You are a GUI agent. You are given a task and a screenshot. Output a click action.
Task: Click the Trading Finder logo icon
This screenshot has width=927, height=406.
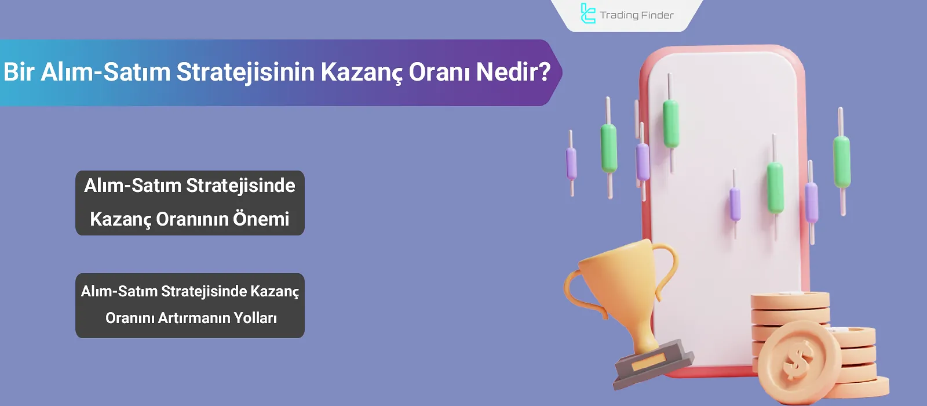coord(587,14)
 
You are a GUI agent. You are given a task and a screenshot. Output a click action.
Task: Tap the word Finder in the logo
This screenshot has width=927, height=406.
coord(658,15)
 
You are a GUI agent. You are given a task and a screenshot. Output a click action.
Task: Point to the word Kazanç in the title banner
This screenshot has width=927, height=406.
coord(361,72)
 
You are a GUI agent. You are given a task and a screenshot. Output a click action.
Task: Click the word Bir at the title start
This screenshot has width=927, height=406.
coord(19,72)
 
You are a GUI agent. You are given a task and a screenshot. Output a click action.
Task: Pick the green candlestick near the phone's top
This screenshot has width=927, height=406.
coord(671,123)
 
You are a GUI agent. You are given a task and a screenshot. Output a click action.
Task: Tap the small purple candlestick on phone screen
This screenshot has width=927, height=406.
coord(735,204)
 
